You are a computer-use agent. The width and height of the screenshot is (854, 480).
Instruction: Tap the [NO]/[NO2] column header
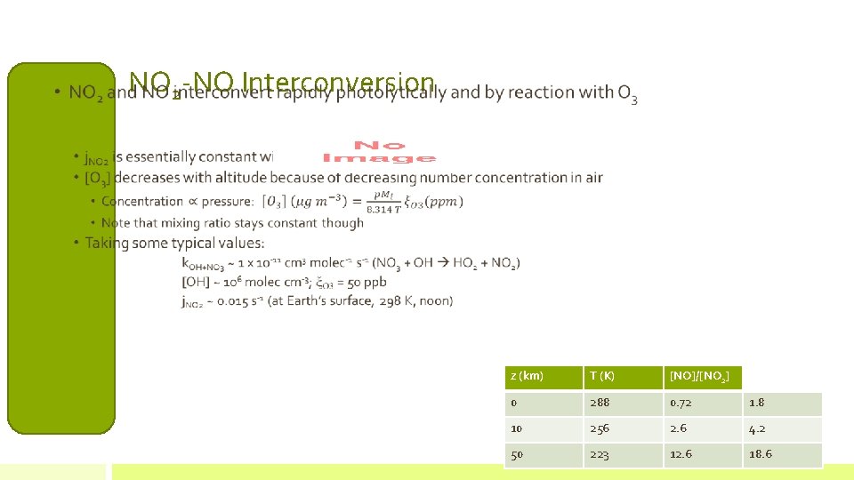coord(699,377)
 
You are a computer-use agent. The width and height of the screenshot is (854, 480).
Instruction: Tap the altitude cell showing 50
coord(517,455)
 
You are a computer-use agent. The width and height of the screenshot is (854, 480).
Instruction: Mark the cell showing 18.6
coord(761,455)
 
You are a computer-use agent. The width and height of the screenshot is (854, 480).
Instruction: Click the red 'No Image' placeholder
coord(379,151)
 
